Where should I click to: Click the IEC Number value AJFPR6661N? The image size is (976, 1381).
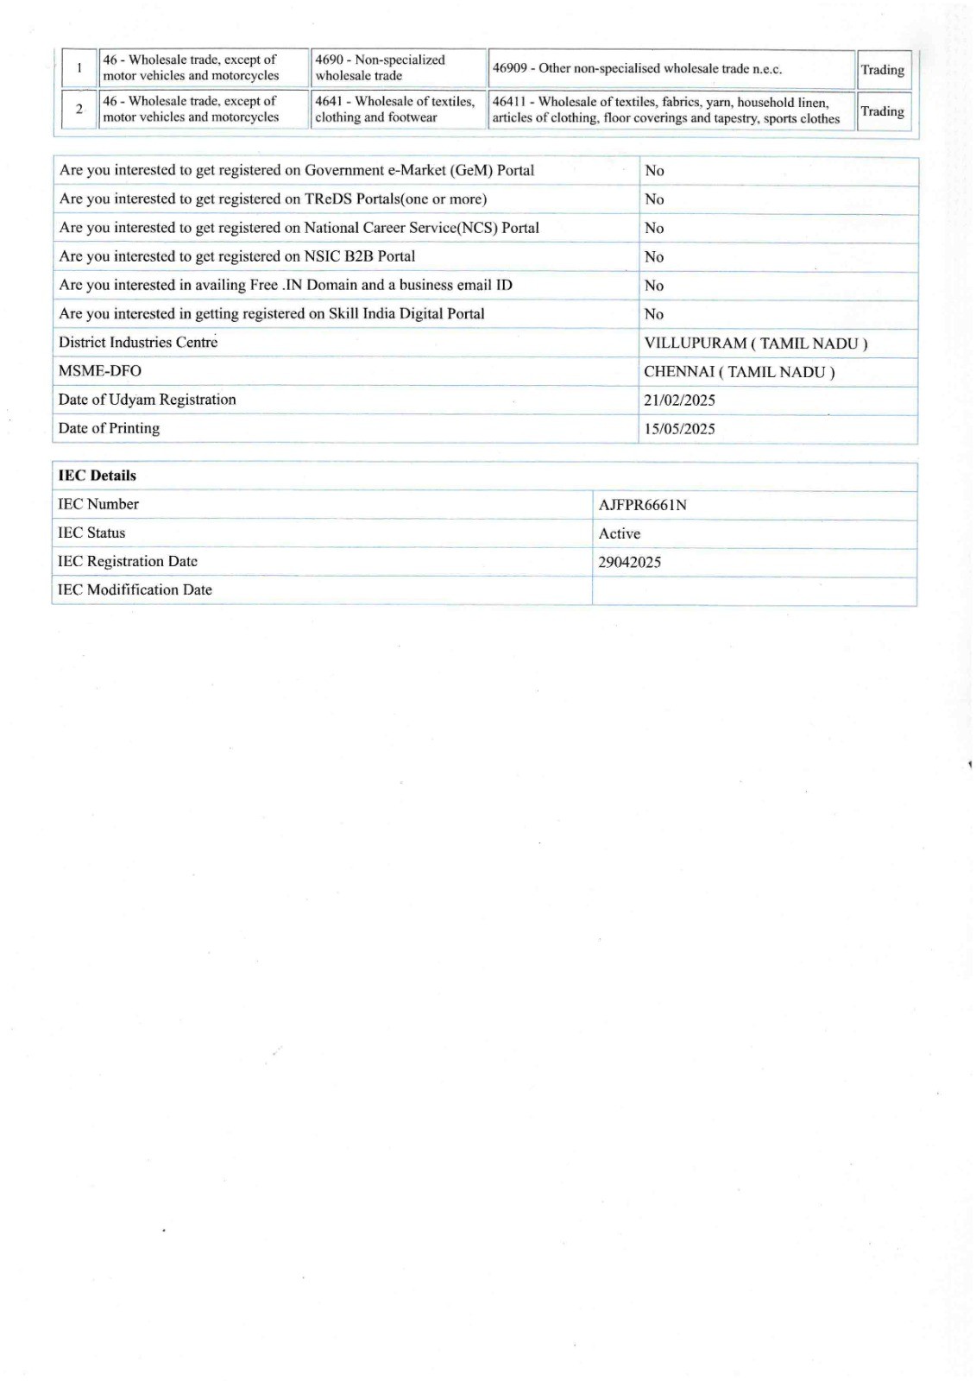(642, 505)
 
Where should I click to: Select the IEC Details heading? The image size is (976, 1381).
(97, 476)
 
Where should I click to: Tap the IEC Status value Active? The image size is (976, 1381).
(619, 533)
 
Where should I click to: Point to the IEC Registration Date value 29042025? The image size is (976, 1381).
(629, 562)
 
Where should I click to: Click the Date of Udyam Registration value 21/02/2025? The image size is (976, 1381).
(679, 400)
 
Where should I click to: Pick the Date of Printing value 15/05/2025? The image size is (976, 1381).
(679, 429)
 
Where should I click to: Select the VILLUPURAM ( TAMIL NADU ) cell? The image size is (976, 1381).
(755, 344)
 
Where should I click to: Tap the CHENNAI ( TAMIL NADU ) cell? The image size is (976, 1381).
(739, 372)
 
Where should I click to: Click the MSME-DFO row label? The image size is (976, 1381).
(99, 371)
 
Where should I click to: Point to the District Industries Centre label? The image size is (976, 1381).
(138, 343)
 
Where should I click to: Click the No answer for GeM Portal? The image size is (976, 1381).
(654, 171)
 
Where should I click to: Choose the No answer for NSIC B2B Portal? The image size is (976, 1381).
(654, 257)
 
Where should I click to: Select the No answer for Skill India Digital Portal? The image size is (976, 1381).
(654, 314)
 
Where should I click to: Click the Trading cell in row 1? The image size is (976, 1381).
(882, 70)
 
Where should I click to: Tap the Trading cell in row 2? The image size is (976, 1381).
(882, 111)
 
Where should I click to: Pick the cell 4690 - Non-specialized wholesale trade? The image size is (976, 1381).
(381, 68)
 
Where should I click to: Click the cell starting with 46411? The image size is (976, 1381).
(665, 110)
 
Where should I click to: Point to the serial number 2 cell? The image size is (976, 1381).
(79, 110)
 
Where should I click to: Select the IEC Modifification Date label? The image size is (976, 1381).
(135, 590)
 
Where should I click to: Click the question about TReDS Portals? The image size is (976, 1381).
(273, 199)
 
